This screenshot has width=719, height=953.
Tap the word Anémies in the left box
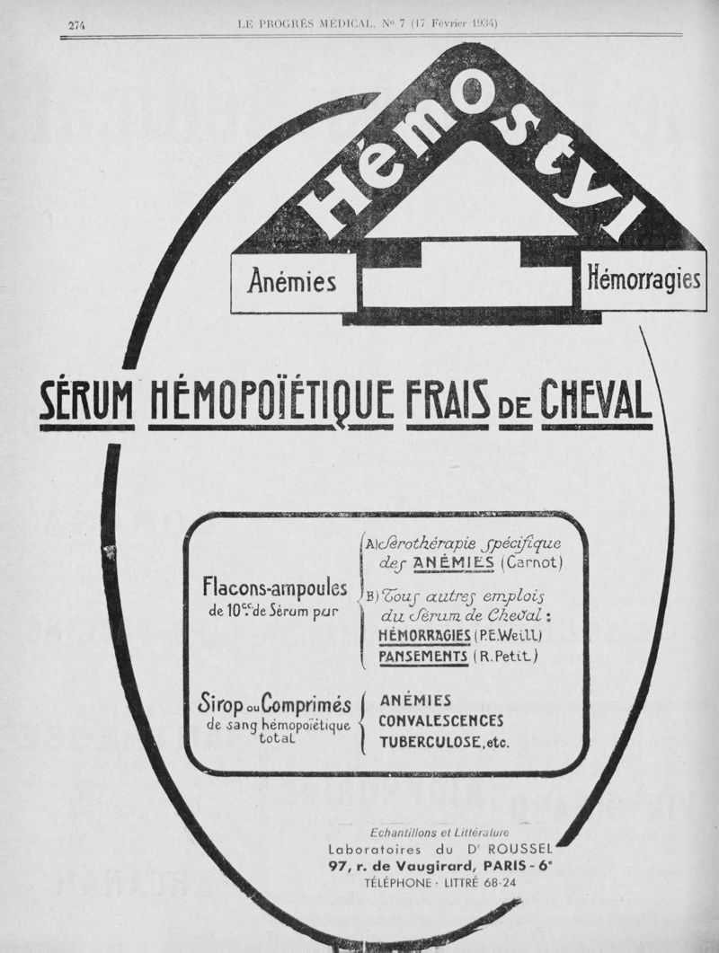292,282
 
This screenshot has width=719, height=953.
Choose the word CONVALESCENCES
440,721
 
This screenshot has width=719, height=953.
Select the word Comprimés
305,704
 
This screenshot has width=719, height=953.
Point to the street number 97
339,866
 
